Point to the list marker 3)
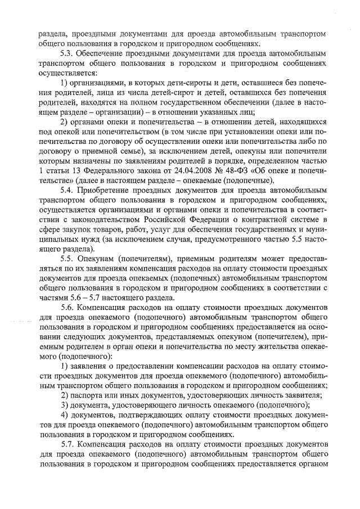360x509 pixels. point(65,407)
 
